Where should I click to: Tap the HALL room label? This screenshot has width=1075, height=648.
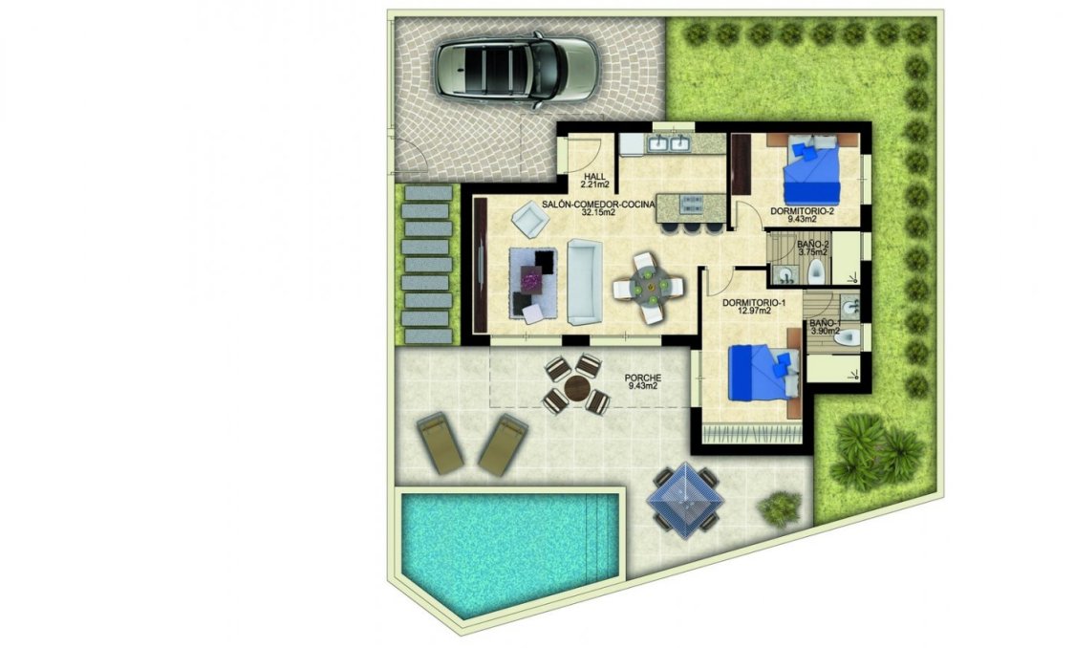[594, 175]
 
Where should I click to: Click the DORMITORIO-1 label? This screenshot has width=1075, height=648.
[753, 304]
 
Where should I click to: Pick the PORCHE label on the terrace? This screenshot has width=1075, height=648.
[642, 377]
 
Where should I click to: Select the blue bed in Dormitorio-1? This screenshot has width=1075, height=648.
[761, 374]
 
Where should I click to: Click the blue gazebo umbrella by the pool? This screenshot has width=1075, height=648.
[685, 495]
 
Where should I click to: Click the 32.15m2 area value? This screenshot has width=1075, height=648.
[598, 213]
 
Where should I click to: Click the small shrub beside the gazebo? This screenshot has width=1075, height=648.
[781, 508]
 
